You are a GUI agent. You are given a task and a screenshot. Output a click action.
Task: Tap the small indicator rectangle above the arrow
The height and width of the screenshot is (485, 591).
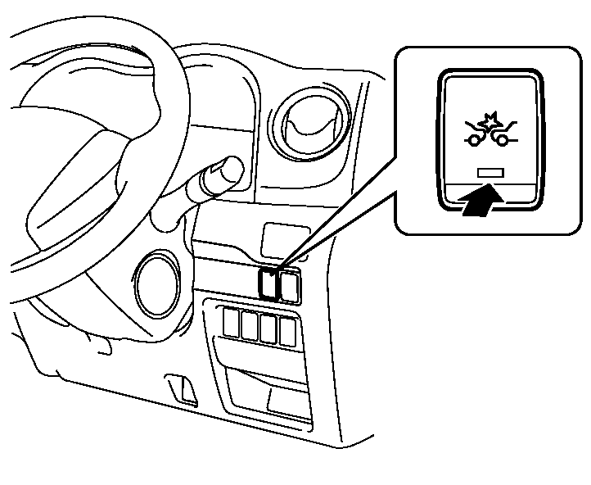[x=489, y=174]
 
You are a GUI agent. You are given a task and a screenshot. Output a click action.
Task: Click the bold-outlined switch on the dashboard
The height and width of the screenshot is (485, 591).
[x=268, y=283]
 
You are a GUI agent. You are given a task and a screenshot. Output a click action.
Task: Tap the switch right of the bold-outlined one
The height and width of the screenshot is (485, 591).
[x=288, y=284]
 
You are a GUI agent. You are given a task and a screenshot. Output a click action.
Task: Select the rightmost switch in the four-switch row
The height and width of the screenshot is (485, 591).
[x=286, y=330]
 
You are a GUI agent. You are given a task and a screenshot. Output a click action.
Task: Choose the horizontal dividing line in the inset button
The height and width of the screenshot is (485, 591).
[x=489, y=188]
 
